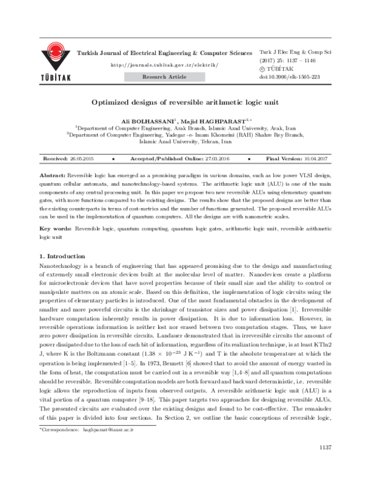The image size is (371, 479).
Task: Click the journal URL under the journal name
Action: pyautogui.click(x=163, y=65)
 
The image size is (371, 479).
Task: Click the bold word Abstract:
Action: pyautogui.click(x=51, y=175)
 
